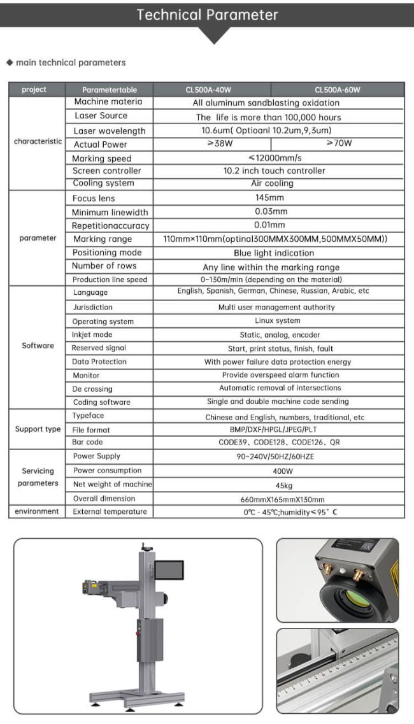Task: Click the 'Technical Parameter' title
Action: pos(207,15)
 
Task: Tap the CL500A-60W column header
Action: pos(337,90)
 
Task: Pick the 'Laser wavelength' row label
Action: pos(110,131)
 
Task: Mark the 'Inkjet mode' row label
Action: pos(92,334)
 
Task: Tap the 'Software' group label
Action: pos(38,346)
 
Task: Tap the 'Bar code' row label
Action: pos(88,442)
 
